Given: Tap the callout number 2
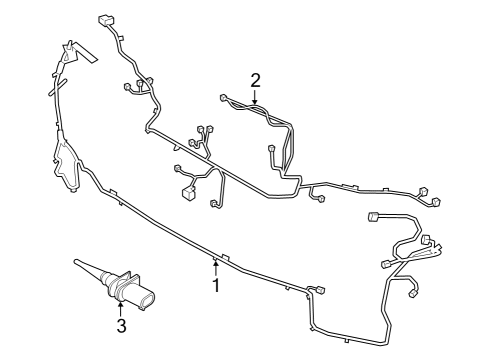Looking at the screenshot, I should coord(255,79).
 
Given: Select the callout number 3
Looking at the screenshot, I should coord(120,325).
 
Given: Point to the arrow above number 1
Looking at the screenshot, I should coord(214,267).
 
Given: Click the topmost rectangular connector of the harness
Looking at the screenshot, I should coord(106,18).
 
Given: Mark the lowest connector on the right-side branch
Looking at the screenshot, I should coord(417,294).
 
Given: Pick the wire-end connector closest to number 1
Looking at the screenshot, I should coord(320,291).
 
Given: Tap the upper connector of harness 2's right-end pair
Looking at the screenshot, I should coord(422,191).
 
